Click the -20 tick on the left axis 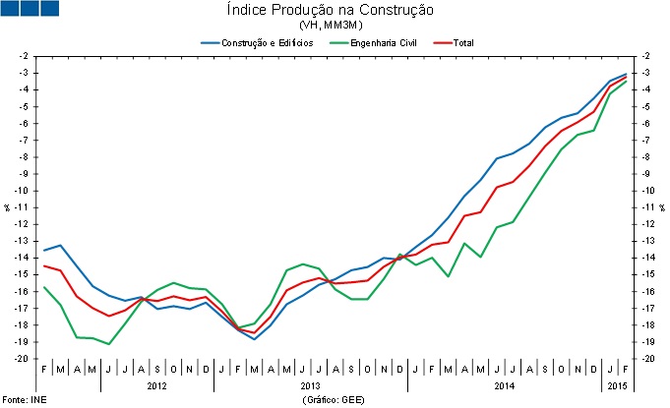click(x=21, y=359)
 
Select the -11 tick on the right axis click(x=646, y=207)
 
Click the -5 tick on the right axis click(x=644, y=106)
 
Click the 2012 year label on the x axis click(x=156, y=386)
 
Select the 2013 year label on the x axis click(x=310, y=386)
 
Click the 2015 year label click(x=617, y=386)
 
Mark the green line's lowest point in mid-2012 click(x=108, y=344)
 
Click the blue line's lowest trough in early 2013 click(x=255, y=339)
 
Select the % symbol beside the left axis click(x=6, y=207)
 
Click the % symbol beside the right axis click(x=662, y=207)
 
